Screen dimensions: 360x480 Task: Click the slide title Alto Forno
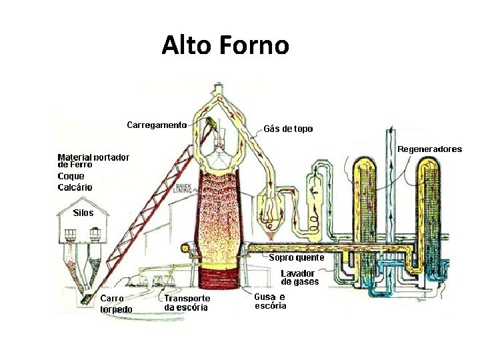point(225,45)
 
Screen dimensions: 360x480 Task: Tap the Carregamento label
point(157,125)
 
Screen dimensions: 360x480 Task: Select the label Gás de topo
point(288,129)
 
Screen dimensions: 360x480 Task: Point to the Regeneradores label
point(429,149)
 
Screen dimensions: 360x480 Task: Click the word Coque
point(71,176)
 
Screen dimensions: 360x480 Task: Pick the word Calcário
point(75,187)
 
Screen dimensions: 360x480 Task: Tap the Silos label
point(83,213)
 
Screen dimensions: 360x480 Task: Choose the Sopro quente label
point(297,257)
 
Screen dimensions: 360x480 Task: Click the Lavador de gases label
point(299,277)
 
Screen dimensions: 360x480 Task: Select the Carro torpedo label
point(116,304)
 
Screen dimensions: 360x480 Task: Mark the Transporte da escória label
point(187,303)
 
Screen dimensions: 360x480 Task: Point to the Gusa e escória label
point(270,301)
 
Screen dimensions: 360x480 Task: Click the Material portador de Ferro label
point(93,160)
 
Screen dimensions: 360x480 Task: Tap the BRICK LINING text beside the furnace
point(183,187)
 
